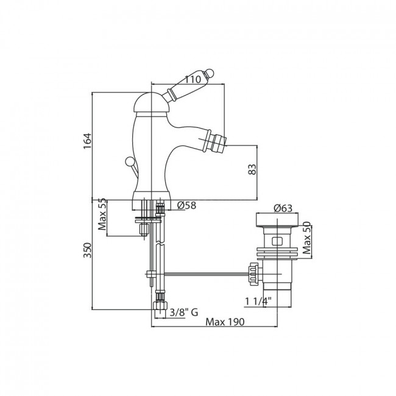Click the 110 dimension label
(x=193, y=80)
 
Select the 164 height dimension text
(x=87, y=141)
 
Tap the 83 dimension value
(x=252, y=169)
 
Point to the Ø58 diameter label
(x=186, y=205)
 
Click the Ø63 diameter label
(x=283, y=208)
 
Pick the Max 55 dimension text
(x=102, y=214)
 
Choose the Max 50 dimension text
(x=306, y=238)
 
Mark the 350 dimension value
(x=87, y=250)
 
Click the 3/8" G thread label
(x=183, y=313)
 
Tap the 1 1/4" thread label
(x=258, y=302)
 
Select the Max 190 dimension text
(x=225, y=322)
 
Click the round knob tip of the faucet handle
(x=210, y=73)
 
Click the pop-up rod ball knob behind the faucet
(x=130, y=161)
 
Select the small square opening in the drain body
(x=277, y=241)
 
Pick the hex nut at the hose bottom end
(x=160, y=305)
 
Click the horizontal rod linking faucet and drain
(x=206, y=274)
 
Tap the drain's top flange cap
(x=277, y=219)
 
